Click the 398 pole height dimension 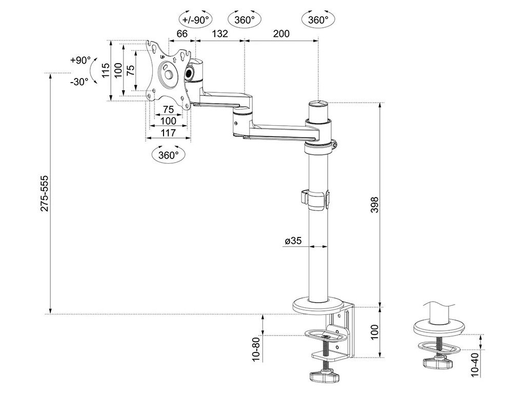tap(375, 205)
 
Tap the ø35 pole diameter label tap(293, 241)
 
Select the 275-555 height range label tap(44, 193)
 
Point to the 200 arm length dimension tap(281, 33)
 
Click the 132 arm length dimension tap(220, 33)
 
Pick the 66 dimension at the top tap(182, 33)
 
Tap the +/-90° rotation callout tap(196, 19)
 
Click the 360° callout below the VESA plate tap(168, 154)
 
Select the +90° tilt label tap(80, 61)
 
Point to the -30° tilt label tap(79, 82)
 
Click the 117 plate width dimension tap(168, 133)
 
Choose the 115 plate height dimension tap(106, 70)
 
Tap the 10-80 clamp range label tap(256, 349)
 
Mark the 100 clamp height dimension tap(375, 332)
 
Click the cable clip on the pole tap(315, 200)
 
